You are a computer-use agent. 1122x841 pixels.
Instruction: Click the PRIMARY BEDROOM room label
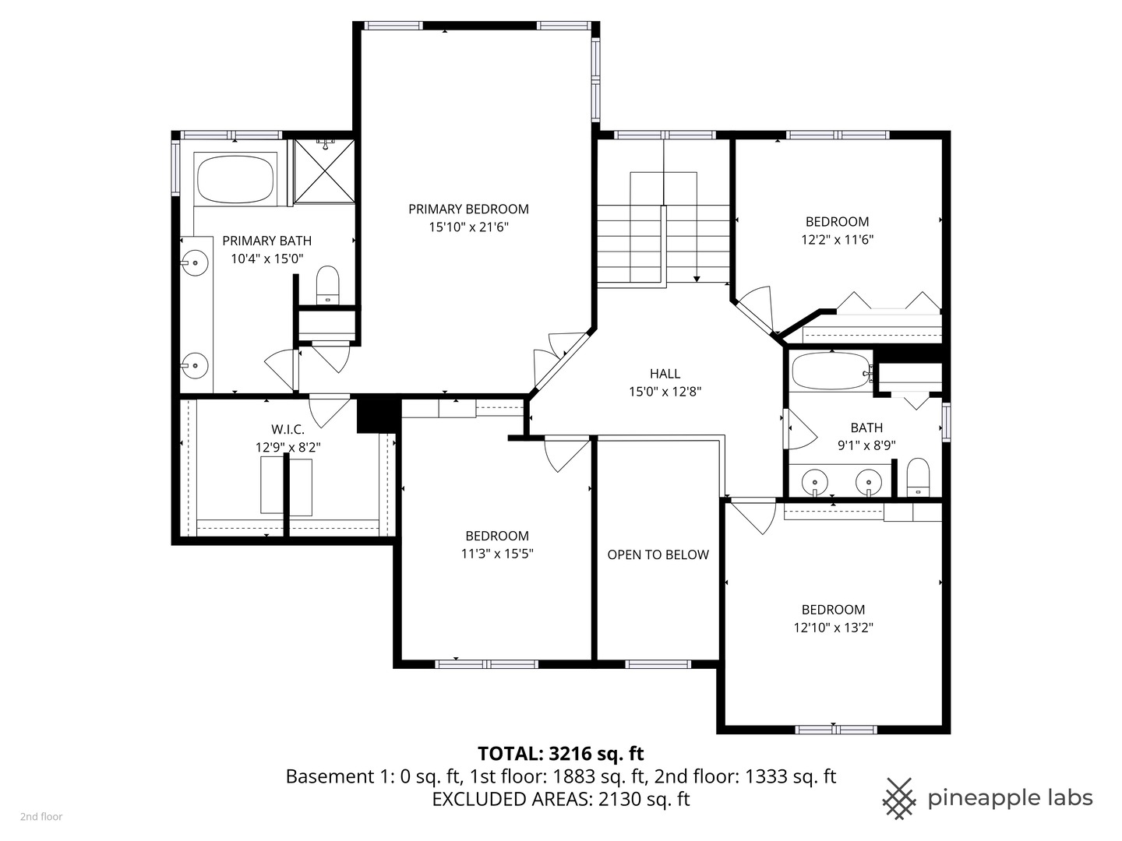click(468, 209)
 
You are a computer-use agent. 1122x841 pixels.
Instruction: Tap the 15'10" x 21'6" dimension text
click(468, 227)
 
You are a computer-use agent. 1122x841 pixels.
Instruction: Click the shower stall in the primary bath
click(323, 171)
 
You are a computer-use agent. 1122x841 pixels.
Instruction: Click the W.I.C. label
click(288, 429)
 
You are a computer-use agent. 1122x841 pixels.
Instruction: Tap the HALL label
click(665, 374)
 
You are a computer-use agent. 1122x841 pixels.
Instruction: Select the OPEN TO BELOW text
click(658, 554)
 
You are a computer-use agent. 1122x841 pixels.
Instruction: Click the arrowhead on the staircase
click(696, 278)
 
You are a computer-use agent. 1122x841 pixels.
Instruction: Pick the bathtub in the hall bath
click(830, 372)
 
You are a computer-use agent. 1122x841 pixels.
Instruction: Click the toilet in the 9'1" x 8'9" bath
click(919, 477)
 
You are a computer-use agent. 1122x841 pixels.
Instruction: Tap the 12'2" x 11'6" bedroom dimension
click(837, 240)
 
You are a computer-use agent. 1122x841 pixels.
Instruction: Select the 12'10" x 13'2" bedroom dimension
click(833, 628)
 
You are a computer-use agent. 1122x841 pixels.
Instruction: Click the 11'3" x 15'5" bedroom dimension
click(497, 554)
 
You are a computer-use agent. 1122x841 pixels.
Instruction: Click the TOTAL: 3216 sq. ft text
click(560, 753)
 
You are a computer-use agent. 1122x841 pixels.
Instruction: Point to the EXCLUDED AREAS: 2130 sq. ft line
click(560, 799)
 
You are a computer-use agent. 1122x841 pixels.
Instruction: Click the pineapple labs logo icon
click(898, 798)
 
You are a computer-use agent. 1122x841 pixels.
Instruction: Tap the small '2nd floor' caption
click(41, 817)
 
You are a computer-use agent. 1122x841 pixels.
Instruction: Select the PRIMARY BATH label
click(266, 241)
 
